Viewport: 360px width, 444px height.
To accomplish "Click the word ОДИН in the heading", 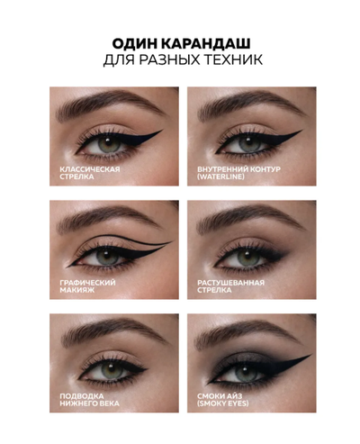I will [x=130, y=45].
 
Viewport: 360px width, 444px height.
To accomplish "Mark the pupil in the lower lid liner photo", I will [x=106, y=367].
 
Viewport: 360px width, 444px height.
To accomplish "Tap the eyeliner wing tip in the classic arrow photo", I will [x=163, y=132].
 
